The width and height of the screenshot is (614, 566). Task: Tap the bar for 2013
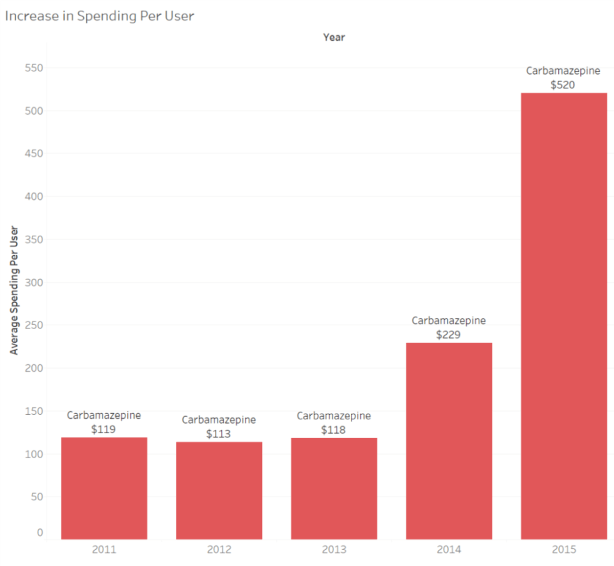pos(334,488)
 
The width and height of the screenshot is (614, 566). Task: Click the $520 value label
pos(563,85)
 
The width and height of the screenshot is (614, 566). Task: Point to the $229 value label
pos(449,334)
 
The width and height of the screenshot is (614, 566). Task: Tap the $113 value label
pos(219,433)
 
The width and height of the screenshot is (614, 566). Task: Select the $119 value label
pos(104,429)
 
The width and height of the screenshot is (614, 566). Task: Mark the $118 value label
pos(333,430)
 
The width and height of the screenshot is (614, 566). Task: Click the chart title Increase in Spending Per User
pos(100,16)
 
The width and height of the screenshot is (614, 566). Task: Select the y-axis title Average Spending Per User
pos(14,290)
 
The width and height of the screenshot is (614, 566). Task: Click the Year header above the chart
pos(334,37)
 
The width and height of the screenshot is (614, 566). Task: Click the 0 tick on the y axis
pos(40,532)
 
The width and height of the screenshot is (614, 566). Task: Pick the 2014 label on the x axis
pos(449,550)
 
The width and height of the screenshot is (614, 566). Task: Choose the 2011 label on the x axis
pos(104,550)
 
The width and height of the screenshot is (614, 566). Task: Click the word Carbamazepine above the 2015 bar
pos(563,71)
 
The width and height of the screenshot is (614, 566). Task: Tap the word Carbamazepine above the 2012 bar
pos(219,419)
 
